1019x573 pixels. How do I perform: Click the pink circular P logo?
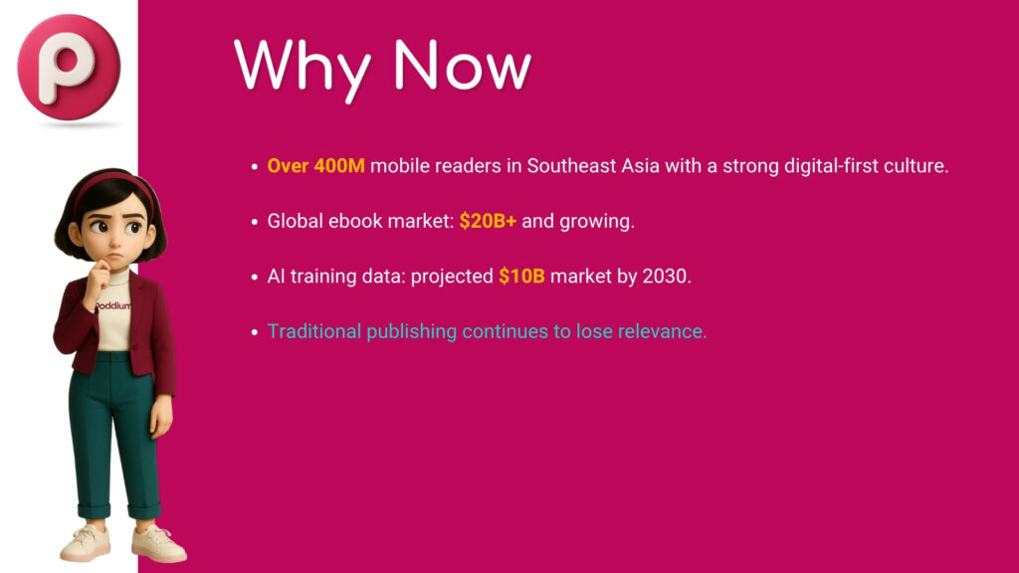[69, 67]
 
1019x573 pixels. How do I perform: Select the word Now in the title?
[463, 65]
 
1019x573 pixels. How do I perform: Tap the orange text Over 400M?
[315, 166]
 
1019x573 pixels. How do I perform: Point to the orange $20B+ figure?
[488, 221]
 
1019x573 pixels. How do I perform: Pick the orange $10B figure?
[521, 277]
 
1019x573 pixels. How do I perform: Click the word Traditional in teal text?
[313, 331]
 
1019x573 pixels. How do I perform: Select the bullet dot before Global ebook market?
[255, 222]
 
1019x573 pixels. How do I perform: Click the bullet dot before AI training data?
[255, 278]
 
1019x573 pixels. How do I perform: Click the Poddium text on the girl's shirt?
[112, 305]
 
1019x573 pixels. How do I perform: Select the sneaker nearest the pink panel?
[158, 543]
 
